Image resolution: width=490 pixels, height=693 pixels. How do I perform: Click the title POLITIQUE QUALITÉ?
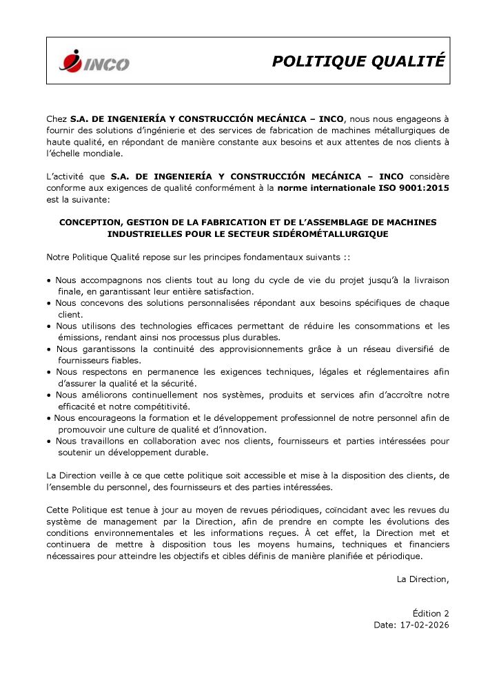(x=358, y=61)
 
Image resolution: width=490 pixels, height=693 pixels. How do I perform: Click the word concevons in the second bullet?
(x=101, y=303)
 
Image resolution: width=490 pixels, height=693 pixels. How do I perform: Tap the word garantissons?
(x=107, y=349)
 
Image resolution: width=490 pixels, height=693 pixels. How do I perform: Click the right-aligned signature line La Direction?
(x=422, y=579)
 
